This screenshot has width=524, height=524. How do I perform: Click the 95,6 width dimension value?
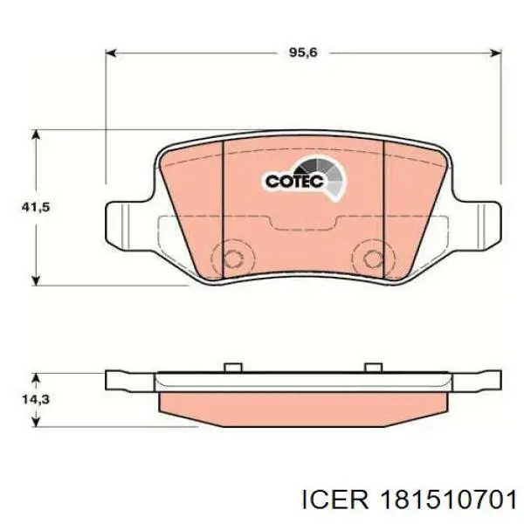pos(303,52)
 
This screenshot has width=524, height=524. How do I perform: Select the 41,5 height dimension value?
pos(36,208)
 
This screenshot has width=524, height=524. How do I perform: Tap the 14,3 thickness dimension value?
pos(36,399)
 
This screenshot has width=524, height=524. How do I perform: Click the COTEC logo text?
pos(295,182)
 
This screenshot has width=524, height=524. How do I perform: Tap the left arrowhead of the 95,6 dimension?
pos(111,52)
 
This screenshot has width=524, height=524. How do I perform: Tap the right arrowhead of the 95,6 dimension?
pos(495,52)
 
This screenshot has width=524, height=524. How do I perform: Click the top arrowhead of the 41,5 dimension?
pos(36,135)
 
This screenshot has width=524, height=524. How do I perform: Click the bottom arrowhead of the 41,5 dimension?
pos(36,280)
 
